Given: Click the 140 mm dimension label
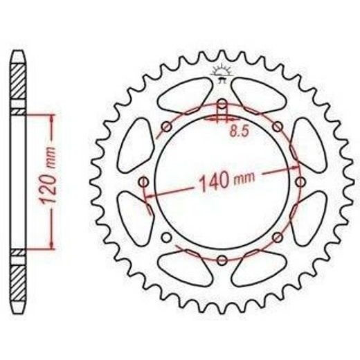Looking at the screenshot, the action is point(226,181).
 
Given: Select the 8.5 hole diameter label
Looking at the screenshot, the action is point(239,132).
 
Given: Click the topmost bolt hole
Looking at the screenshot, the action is point(222,104).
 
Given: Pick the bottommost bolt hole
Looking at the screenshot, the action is point(222,260).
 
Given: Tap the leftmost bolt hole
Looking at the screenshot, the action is point(144,182).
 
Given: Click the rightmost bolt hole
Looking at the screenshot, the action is point(300,182).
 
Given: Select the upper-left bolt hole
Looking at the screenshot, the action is point(167,127).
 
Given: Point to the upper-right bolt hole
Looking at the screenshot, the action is point(278,127).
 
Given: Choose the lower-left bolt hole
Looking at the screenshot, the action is point(166,237).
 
